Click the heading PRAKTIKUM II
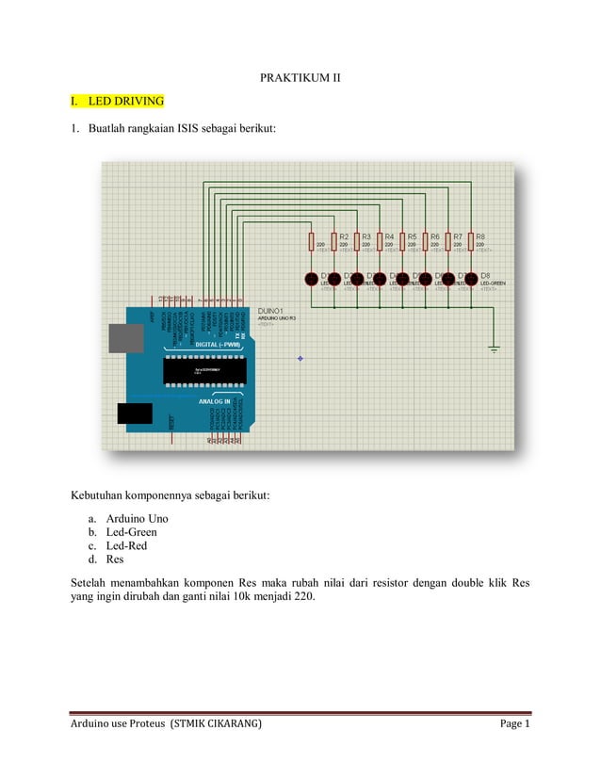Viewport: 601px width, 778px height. coord(300,75)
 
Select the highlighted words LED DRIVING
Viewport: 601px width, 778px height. coord(125,100)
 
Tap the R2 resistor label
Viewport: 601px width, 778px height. coord(344,236)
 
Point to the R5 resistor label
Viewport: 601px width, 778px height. coord(412,236)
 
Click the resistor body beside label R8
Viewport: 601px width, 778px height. coord(470,243)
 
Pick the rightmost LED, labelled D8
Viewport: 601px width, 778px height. coord(470,279)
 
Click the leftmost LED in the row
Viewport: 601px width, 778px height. coord(311,279)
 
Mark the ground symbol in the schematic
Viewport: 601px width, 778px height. coord(494,349)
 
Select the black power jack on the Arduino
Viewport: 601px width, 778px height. coord(134,413)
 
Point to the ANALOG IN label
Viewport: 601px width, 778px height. coord(214,400)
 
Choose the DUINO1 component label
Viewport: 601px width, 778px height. coord(273,311)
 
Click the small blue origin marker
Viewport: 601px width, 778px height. coord(300,358)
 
